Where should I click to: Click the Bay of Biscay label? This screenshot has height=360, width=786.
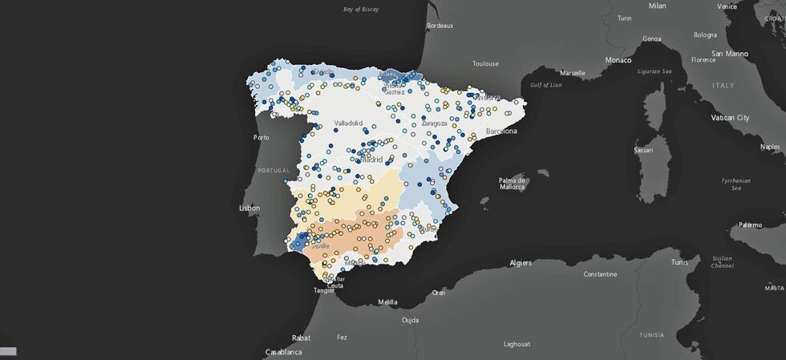tap(359, 10)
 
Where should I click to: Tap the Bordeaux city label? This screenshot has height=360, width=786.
tap(440, 26)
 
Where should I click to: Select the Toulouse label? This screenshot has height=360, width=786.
tap(485, 63)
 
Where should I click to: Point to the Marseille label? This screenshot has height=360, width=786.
tap(573, 72)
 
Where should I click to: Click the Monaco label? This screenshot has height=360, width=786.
tap(618, 60)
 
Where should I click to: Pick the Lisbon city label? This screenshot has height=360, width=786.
tap(249, 208)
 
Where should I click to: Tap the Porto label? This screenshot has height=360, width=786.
tap(261, 137)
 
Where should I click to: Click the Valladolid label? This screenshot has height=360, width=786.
tap(348, 123)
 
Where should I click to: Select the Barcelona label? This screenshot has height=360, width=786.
tap(499, 131)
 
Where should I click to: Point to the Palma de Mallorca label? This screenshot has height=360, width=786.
tap(512, 184)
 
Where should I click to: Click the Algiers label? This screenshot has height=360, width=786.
tap(521, 262)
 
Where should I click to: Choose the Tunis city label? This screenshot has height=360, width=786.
tap(679, 262)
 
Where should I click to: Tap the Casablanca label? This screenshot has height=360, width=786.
tap(284, 352)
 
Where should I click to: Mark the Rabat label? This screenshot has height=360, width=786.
tap(301, 338)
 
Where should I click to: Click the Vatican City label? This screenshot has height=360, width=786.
tap(730, 118)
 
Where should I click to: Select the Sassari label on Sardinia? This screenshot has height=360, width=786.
tap(643, 150)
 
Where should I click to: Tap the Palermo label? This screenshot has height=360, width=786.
tap(750, 225)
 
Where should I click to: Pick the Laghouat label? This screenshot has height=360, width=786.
tap(517, 344)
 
